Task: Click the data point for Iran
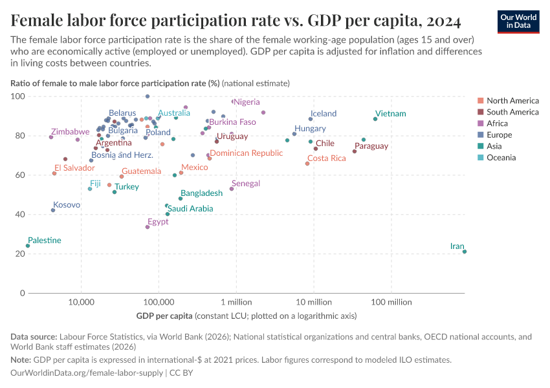[465, 252]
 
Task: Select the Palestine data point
[28, 246]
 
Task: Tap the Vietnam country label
[390, 114]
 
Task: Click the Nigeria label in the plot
[247, 102]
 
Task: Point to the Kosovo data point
[53, 210]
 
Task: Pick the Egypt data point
[148, 227]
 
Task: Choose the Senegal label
[246, 184]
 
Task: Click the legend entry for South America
[512, 112]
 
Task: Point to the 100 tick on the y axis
[18, 96]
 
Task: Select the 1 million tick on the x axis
[236, 302]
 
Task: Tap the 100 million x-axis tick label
[391, 302]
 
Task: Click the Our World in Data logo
[518, 21]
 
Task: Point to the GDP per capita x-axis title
[164, 316]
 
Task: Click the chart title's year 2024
[443, 21]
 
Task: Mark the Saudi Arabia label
[190, 209]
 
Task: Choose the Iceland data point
[311, 119]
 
